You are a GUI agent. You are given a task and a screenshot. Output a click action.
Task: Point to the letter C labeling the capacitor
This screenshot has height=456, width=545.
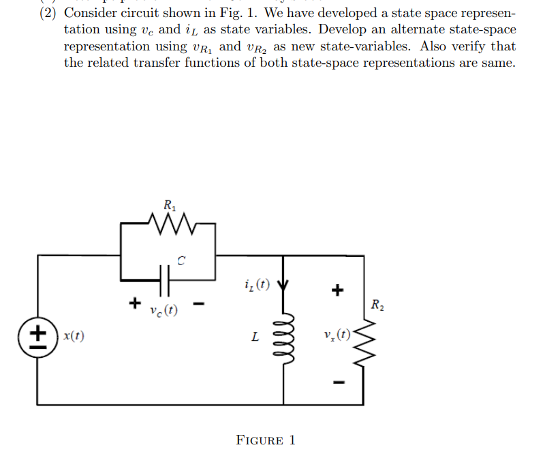[x=181, y=260]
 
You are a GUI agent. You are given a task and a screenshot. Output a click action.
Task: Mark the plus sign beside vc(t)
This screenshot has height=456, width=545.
[x=135, y=301]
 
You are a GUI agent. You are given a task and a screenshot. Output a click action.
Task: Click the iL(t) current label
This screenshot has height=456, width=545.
[x=255, y=284]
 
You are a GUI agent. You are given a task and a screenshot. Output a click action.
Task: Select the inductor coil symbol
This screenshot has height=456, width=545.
[x=283, y=337]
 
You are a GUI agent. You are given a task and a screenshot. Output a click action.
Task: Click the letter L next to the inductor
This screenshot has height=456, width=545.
[x=254, y=337]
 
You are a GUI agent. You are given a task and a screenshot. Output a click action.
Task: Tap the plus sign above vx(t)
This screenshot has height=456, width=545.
[x=335, y=292]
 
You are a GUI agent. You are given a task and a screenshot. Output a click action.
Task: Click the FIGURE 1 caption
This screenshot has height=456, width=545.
[x=266, y=440]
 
